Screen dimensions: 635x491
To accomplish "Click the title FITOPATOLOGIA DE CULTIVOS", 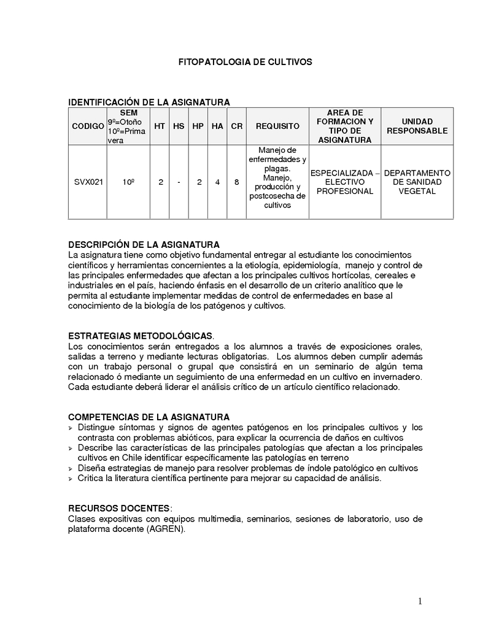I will [245, 62].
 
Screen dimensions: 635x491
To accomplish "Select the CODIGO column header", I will [88, 126].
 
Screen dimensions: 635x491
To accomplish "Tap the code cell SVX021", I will [88, 182].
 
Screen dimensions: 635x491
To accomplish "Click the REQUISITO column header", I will [277, 126].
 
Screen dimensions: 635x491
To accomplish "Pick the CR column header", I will [236, 126].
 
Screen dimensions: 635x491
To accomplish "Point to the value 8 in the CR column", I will [236, 182].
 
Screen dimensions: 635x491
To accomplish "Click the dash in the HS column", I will [179, 182].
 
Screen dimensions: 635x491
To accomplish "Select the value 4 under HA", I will [217, 182].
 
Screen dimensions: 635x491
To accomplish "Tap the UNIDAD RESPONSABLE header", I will [417, 126].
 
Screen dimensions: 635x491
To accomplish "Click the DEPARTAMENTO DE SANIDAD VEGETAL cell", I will [417, 182].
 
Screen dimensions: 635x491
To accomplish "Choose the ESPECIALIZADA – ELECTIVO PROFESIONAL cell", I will [344, 182].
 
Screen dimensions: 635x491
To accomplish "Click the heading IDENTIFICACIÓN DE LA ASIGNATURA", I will [149, 102].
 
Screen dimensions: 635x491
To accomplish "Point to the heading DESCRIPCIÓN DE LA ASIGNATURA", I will [144, 245].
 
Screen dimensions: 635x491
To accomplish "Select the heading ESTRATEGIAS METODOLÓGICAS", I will [141, 336].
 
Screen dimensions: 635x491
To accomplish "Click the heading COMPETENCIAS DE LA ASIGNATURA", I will [149, 417].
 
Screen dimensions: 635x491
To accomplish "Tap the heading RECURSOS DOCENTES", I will [119, 509].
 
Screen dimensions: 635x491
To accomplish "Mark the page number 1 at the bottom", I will [420, 602].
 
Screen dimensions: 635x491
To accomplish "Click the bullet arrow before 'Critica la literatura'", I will [71, 479].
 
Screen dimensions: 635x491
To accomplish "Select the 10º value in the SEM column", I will [128, 182].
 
